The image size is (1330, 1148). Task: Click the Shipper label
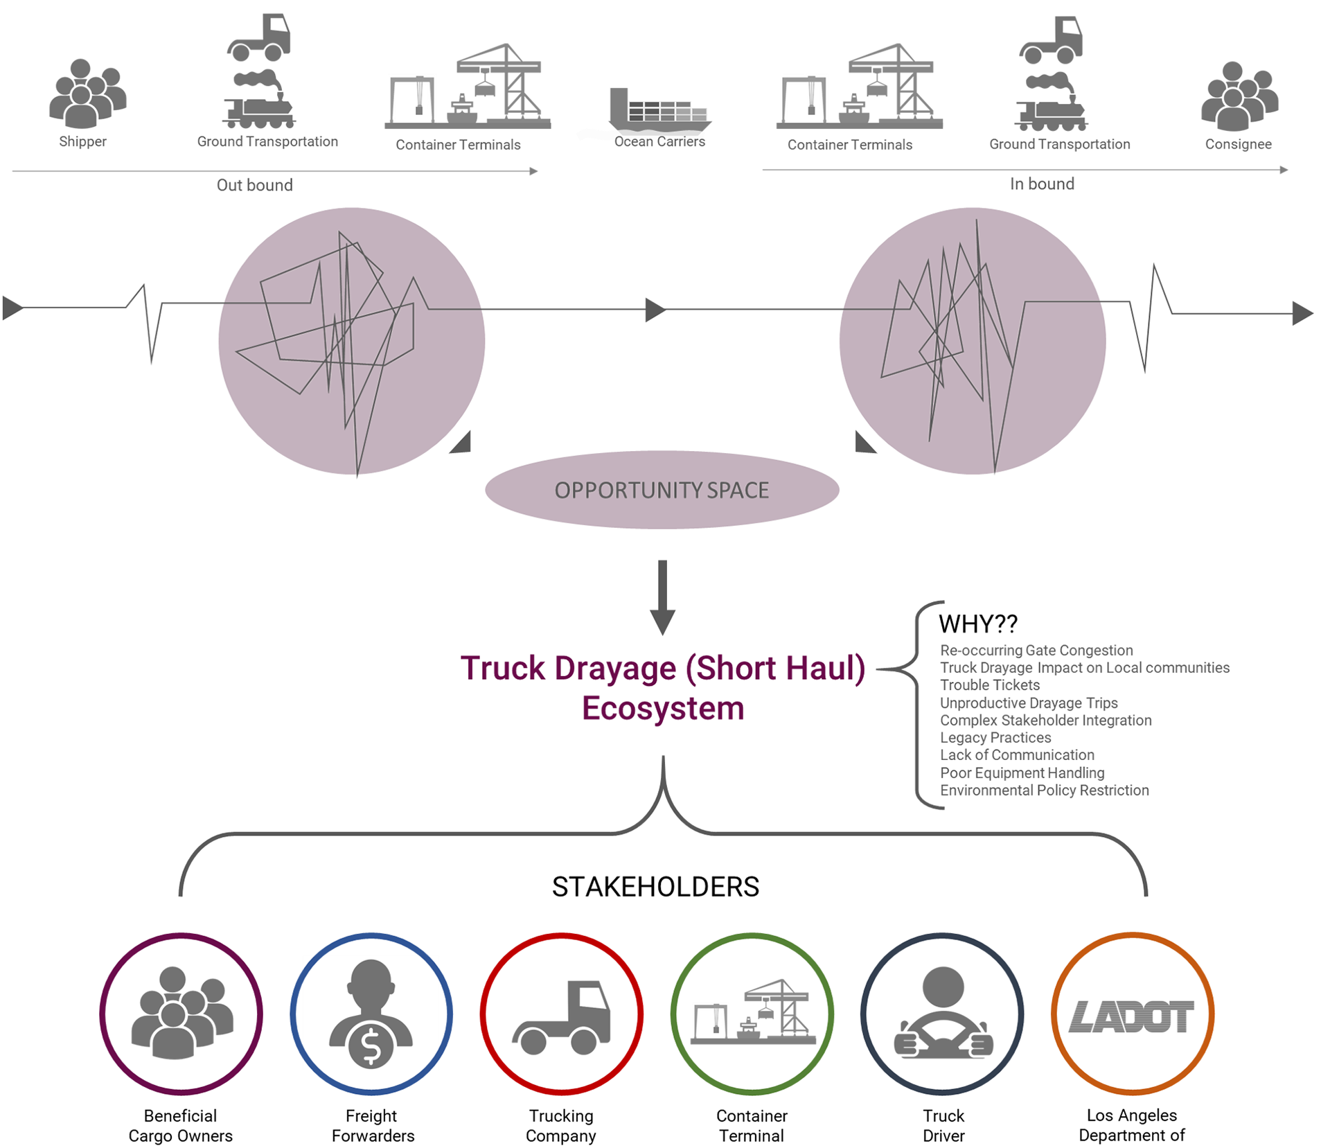83,141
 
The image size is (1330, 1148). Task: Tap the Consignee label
1238,144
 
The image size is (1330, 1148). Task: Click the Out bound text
254,185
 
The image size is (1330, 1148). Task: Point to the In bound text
1042,184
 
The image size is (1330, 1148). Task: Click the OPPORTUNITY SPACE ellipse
662,490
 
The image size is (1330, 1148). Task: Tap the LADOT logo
1132,1016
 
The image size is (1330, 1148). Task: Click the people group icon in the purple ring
182,1013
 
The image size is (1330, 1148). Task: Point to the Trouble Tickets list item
989,685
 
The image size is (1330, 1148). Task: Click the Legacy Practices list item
995,738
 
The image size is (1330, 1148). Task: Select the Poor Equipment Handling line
1022,772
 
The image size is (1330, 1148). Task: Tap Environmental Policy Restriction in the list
1044,791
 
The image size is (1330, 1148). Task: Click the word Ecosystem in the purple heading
663,709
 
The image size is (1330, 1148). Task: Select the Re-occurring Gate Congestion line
1036,651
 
